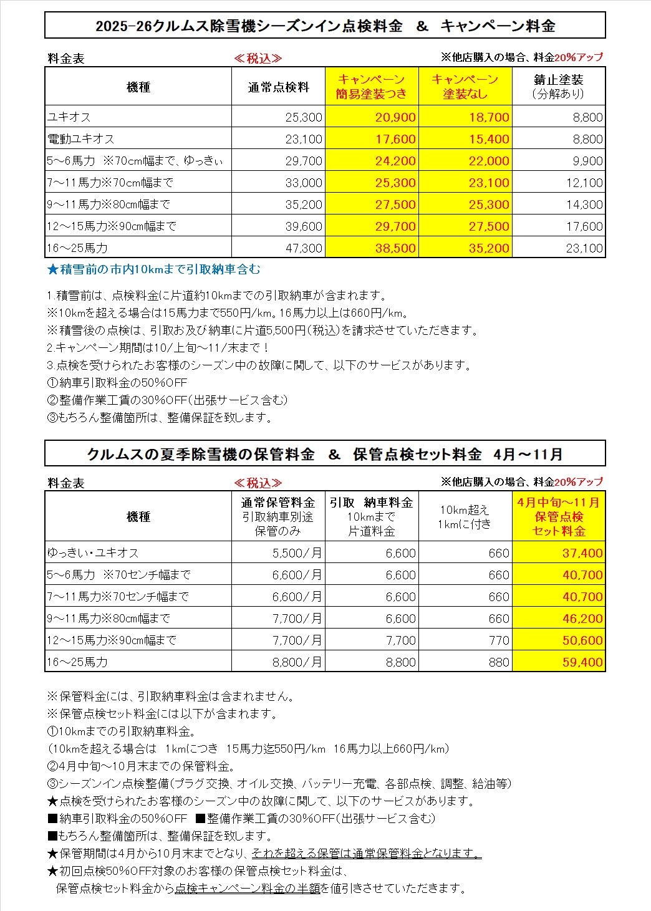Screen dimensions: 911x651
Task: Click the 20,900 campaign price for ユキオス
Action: coord(395,117)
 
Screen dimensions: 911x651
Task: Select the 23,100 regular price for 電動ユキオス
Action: coord(304,139)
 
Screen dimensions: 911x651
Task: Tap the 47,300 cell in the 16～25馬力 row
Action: coord(304,248)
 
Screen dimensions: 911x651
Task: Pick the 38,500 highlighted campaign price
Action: coord(395,248)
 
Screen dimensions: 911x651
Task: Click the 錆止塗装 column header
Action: coord(558,87)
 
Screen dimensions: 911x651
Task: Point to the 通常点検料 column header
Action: coord(278,87)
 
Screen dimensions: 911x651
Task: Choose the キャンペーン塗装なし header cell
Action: coord(465,87)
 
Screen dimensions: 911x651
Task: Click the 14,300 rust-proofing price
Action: coord(584,205)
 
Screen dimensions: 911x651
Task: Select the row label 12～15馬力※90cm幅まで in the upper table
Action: coord(112,226)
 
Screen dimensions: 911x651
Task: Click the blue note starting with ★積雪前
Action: coord(154,269)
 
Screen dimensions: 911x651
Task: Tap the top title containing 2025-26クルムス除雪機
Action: coord(325,26)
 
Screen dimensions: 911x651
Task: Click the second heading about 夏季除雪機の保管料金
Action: coord(325,454)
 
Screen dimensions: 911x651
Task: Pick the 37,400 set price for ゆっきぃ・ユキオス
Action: coord(582,553)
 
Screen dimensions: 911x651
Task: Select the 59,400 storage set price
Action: coord(582,662)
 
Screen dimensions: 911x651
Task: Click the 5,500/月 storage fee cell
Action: coord(297,553)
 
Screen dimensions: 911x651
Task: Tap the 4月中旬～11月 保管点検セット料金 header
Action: coord(558,516)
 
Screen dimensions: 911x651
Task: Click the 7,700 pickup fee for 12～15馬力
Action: coord(400,640)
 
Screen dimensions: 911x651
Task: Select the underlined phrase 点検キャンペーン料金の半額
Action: coord(248,888)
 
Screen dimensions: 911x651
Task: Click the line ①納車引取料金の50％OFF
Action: coord(117,382)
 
